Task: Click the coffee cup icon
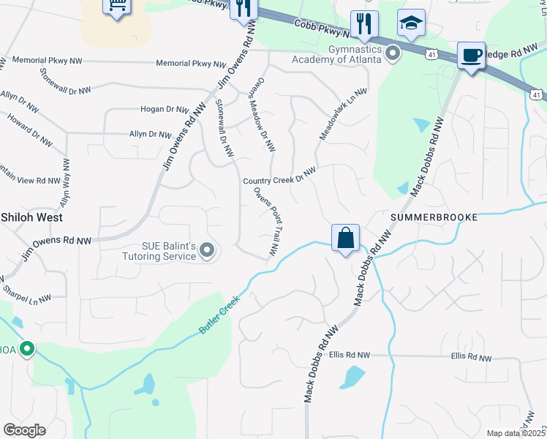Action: point(471,55)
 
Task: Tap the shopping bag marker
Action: point(345,238)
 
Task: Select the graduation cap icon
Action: point(411,23)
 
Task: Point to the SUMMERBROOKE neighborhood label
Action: point(434,217)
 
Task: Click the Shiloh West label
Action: point(31,217)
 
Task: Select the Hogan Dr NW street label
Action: point(165,109)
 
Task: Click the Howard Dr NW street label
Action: point(30,128)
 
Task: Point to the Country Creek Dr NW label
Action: point(279,176)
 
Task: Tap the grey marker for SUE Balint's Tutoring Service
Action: point(207,252)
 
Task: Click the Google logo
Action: point(24,430)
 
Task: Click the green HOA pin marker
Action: point(27,349)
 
